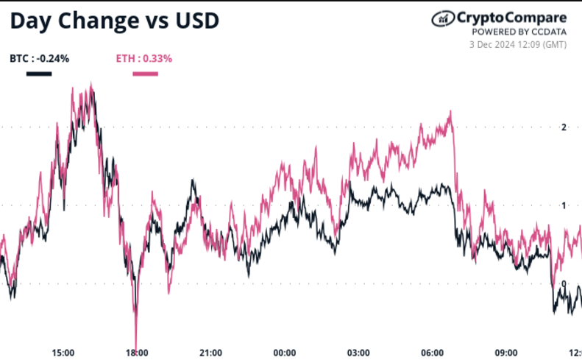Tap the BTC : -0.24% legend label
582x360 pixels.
40,58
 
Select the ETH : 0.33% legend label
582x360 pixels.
144,58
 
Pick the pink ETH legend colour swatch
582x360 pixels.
145,73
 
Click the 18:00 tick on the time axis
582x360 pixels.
138,352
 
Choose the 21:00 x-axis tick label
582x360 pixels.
211,352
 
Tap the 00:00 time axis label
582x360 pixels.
285,352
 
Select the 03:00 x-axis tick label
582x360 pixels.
358,352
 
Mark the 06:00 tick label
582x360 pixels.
432,352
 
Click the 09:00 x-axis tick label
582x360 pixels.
505,352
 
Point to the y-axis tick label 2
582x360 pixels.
564,127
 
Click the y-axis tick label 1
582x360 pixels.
564,205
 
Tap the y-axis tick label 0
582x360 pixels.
564,283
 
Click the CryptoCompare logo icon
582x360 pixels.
441,18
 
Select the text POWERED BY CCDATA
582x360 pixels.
519,32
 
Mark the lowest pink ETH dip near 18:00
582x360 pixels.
136,339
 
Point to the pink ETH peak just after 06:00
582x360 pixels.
450,112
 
